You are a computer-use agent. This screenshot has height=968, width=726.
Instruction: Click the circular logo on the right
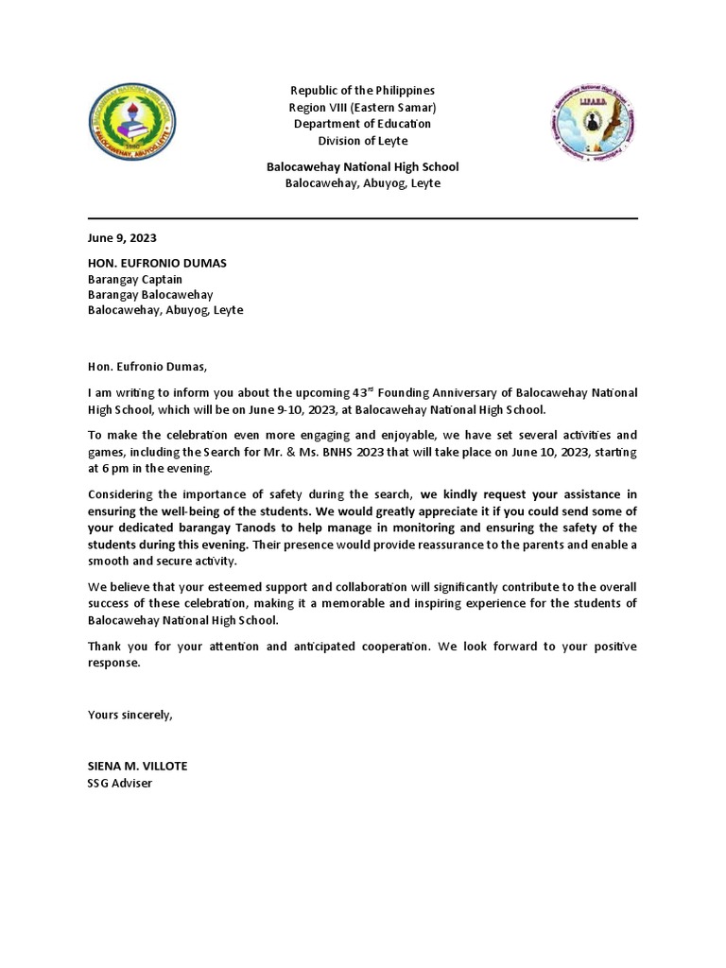(x=594, y=124)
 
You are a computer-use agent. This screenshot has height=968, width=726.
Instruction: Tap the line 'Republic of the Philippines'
(x=362, y=91)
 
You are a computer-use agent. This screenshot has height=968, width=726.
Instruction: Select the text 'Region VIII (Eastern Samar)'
(x=362, y=108)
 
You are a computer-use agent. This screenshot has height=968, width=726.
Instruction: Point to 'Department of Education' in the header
(x=362, y=124)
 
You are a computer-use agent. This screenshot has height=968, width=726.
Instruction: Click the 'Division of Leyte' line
(x=362, y=141)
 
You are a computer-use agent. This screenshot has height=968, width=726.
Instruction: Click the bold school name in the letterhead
(x=362, y=166)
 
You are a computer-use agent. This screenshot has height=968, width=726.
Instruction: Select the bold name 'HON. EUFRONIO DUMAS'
(x=157, y=262)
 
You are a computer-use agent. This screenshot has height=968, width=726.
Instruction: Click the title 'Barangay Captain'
(x=135, y=279)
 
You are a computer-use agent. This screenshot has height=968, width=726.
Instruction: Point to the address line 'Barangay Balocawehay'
(x=150, y=295)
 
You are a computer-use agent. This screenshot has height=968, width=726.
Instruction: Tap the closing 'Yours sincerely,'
(x=130, y=715)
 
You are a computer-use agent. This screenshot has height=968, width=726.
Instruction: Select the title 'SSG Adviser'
(x=120, y=783)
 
